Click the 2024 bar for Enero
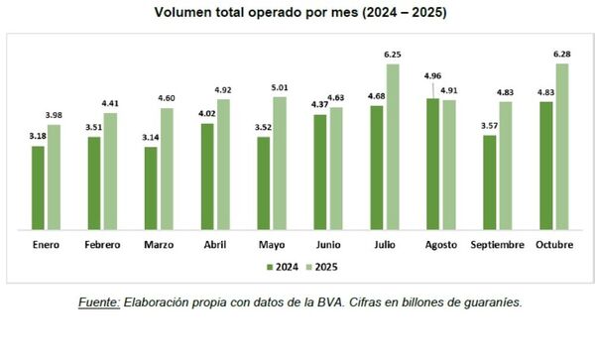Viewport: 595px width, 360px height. point(38,187)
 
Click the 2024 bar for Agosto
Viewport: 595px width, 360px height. point(432,164)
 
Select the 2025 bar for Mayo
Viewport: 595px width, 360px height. point(280,163)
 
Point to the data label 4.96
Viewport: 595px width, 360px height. point(431,76)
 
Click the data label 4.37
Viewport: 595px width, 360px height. point(319,106)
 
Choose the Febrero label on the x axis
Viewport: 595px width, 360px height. point(101,241)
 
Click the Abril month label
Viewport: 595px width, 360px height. point(214,241)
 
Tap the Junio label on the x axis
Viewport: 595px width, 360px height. point(327,241)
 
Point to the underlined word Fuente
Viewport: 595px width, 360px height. point(101,300)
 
